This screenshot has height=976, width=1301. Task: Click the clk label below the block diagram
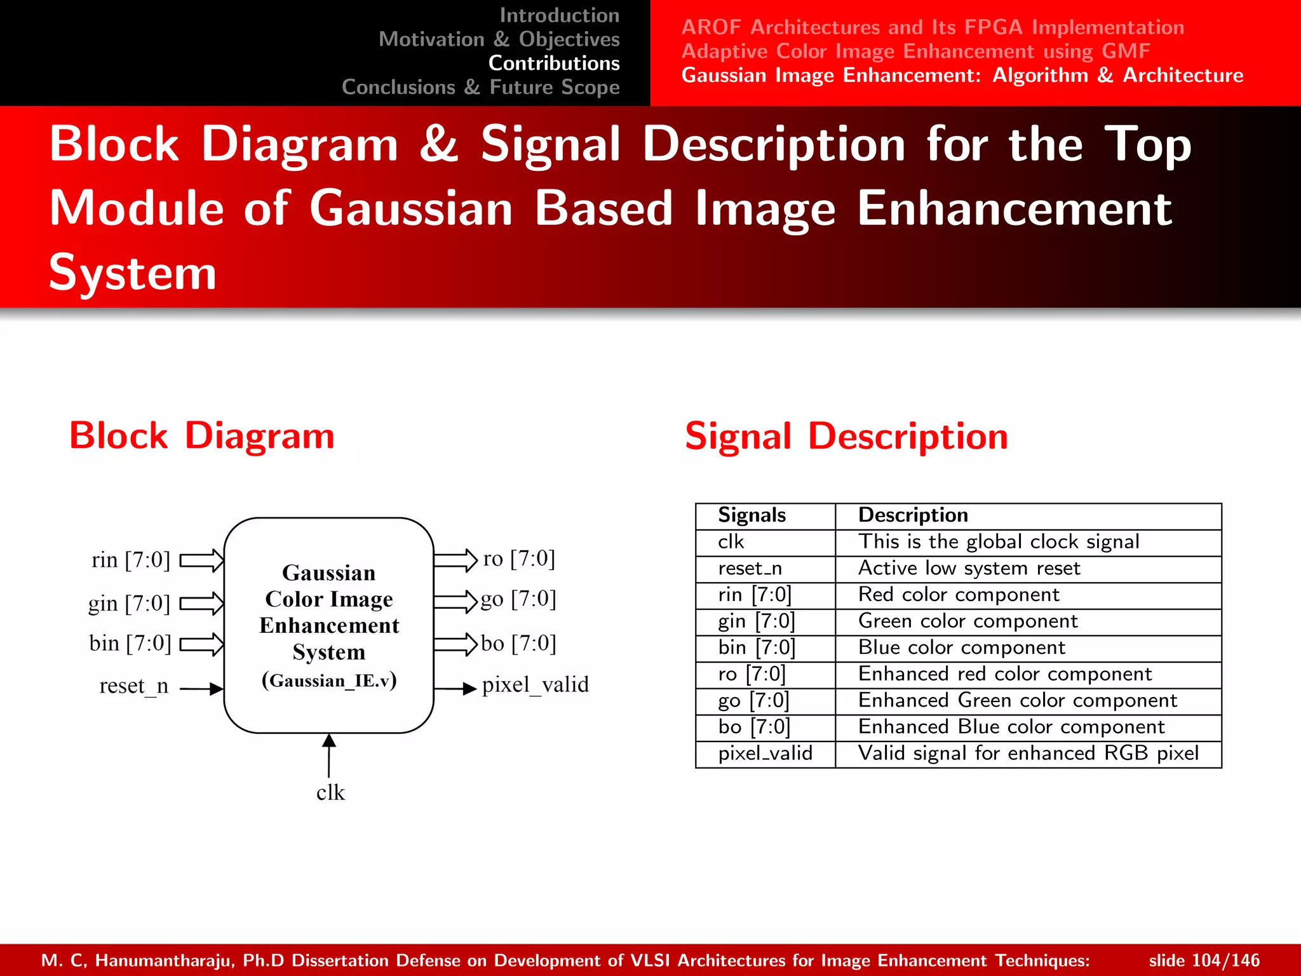[330, 792]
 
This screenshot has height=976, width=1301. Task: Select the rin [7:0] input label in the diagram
[131, 560]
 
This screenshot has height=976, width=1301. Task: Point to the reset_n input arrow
[202, 688]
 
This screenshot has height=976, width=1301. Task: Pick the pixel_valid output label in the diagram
[535, 684]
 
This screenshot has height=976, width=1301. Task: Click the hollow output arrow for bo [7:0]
[455, 644]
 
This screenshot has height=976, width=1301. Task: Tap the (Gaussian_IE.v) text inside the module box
[329, 681]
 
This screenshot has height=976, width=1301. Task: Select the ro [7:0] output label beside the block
[518, 559]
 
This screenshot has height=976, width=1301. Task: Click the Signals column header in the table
[752, 515]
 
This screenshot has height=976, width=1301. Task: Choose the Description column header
[913, 515]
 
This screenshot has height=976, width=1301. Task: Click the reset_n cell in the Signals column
[750, 568]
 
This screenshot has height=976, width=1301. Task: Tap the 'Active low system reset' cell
[969, 568]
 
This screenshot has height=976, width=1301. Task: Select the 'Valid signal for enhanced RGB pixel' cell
[1028, 753]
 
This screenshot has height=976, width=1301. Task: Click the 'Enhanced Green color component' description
[1017, 700]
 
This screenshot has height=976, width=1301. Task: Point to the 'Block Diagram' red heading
[202, 436]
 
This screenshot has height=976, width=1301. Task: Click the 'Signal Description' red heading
[846, 437]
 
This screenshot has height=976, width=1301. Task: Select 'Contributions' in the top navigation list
[553, 63]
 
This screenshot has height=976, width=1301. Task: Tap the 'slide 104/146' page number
[1204, 960]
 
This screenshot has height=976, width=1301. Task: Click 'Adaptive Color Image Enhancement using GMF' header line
[915, 51]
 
